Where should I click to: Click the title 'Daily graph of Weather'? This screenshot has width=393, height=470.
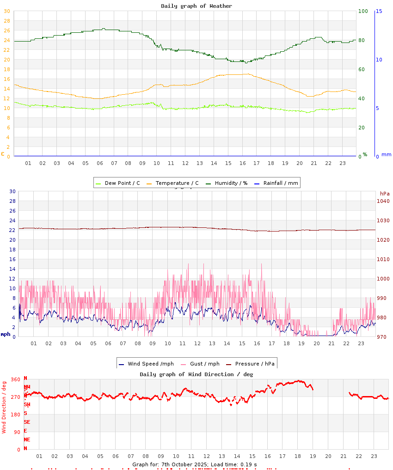[x=196, y=6]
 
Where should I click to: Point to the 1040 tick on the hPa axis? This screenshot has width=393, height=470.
[x=383, y=201]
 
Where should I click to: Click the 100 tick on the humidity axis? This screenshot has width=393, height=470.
[x=363, y=11]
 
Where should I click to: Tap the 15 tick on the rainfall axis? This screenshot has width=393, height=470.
[x=379, y=11]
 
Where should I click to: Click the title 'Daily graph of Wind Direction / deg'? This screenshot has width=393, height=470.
[x=196, y=374]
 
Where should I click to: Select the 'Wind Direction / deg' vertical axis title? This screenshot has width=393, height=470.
[x=4, y=407]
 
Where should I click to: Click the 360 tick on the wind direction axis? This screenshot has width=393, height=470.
[x=16, y=379]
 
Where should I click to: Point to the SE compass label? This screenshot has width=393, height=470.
[x=27, y=422]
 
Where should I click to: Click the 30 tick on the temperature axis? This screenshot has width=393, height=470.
[x=6, y=11]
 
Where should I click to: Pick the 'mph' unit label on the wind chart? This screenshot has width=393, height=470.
[x=6, y=334]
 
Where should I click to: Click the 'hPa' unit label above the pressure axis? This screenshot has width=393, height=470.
[x=385, y=194]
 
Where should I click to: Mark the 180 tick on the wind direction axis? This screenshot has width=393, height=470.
[x=16, y=415]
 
